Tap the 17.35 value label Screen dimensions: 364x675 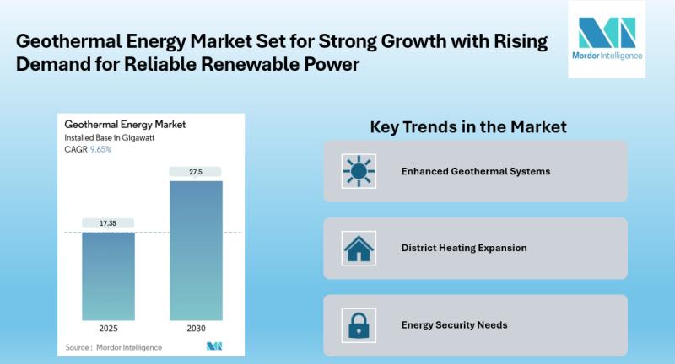coord(108,223)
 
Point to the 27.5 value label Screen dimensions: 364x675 coord(196,172)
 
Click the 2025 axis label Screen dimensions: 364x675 coord(108,329)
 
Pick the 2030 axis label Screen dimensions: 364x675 coord(196,329)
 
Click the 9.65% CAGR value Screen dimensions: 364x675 coord(100,149)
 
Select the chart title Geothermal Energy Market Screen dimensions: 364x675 coord(125,125)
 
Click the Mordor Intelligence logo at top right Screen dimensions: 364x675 coord(606,39)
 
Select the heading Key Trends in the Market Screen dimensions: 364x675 coord(468,127)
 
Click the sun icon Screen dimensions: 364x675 coord(359,171)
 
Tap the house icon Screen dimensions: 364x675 coord(359,248)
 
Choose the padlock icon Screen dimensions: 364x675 coord(359,324)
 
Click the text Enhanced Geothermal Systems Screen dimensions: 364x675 coord(476,171)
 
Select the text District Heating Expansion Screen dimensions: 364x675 coord(464,248)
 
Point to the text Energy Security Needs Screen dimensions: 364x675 coord(454,324)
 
